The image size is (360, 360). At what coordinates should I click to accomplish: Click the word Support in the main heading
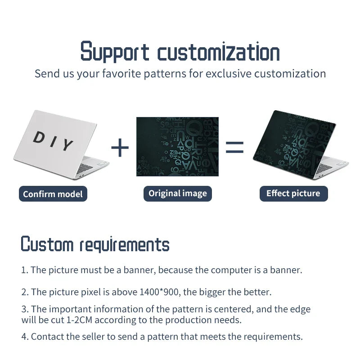115,52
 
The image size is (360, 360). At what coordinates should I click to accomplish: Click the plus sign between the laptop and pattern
120,148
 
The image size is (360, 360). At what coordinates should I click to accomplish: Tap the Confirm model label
53,194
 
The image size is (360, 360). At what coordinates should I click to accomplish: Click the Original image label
178,193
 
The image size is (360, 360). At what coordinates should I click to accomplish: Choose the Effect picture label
293,193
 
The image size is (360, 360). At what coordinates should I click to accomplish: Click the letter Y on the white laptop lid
67,145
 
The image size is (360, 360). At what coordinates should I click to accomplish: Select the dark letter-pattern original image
177,147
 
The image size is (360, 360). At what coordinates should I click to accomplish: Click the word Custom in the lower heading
47,244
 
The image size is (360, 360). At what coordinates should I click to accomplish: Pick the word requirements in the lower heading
125,245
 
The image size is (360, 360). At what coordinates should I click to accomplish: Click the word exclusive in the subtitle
228,73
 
